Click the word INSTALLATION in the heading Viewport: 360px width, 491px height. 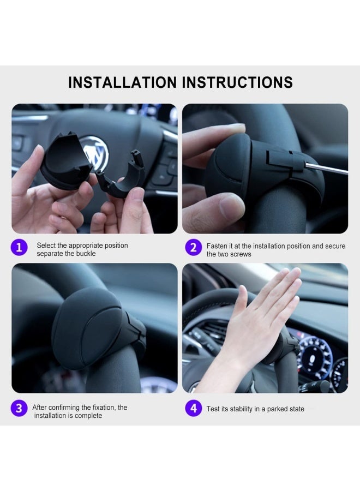pyautogui.click(x=122, y=82)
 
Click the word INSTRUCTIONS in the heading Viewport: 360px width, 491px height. pyautogui.click(x=237, y=82)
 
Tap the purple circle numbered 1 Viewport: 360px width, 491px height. pyautogui.click(x=19, y=248)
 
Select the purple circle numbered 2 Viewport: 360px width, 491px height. pyautogui.click(x=193, y=248)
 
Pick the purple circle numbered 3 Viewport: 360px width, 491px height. pyautogui.click(x=19, y=408)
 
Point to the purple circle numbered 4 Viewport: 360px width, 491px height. pyautogui.click(x=193, y=408)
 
